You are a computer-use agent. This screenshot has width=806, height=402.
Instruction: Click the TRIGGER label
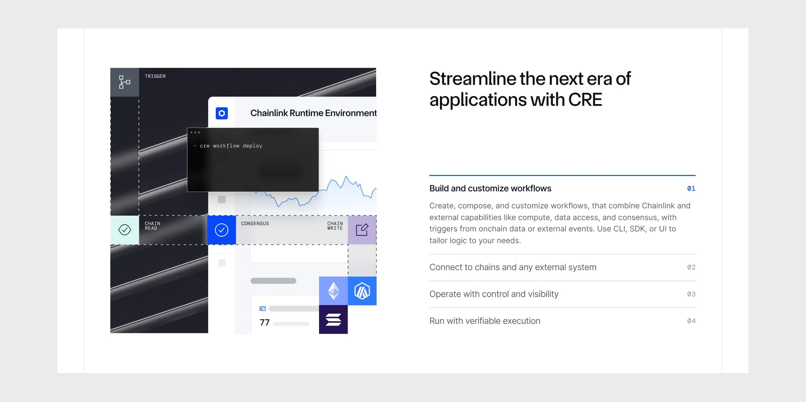155,76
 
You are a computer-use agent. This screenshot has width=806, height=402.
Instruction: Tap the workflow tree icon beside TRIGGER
124,82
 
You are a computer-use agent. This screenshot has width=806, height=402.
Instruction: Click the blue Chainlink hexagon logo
222,113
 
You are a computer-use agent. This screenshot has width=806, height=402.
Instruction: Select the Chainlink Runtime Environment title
313,113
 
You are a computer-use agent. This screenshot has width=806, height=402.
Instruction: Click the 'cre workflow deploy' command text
231,146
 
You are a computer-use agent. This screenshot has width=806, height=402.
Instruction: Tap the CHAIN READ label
152,226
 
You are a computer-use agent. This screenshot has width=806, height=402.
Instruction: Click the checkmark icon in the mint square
125,230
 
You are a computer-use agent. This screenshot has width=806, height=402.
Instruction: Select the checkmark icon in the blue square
222,230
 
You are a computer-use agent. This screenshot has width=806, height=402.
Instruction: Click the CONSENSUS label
255,224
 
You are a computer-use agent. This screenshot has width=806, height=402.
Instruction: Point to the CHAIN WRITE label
335,226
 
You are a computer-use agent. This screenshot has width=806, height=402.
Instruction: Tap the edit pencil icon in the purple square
362,230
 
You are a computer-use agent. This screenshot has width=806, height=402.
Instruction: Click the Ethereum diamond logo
333,291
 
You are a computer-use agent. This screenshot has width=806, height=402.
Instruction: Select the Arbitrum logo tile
362,291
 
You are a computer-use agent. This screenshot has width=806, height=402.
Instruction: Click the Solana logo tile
333,320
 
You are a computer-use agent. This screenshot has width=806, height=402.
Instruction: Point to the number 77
264,323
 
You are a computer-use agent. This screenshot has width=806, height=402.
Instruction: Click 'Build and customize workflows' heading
490,188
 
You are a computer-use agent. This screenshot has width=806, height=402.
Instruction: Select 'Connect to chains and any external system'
513,267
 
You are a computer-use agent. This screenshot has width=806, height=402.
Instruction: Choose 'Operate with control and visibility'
494,294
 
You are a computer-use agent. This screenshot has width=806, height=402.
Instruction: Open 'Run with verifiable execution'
485,321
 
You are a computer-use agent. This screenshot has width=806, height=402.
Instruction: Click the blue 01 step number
691,189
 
